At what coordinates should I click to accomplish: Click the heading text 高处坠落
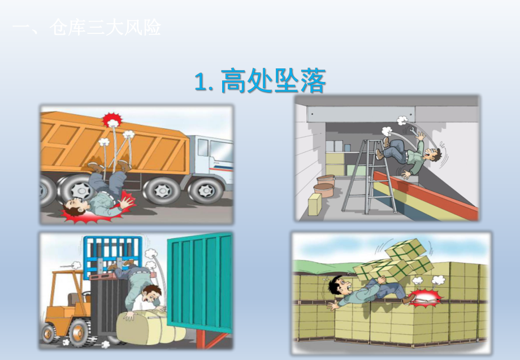coord(274,81)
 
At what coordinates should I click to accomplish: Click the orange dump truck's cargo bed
coord(113,141)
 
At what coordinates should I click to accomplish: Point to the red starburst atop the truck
coord(112,120)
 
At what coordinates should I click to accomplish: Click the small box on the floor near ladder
coord(314,204)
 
